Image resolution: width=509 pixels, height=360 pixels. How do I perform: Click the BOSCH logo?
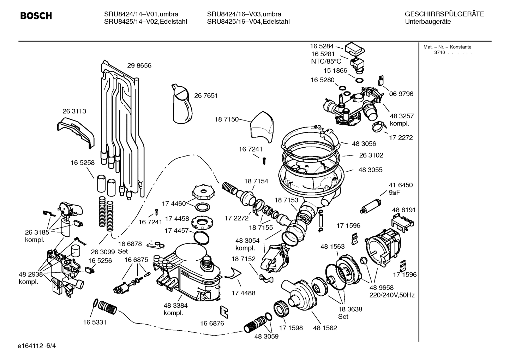[36, 16]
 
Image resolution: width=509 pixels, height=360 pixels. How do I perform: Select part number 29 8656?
[139, 66]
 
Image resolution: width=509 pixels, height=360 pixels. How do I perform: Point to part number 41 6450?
[401, 185]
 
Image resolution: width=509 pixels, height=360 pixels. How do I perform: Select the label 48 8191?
[404, 210]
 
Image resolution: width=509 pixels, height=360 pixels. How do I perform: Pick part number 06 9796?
[401, 94]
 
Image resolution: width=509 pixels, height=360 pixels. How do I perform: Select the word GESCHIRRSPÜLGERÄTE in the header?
[444, 14]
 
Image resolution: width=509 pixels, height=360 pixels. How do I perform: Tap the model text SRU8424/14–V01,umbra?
[141, 14]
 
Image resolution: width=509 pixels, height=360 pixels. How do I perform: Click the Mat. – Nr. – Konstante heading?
[447, 47]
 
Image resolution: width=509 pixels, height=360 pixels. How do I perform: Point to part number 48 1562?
[325, 328]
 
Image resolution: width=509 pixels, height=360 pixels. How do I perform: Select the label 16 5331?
[95, 322]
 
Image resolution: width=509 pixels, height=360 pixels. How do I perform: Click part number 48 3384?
[175, 306]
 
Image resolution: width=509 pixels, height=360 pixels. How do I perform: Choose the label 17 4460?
[174, 203]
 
